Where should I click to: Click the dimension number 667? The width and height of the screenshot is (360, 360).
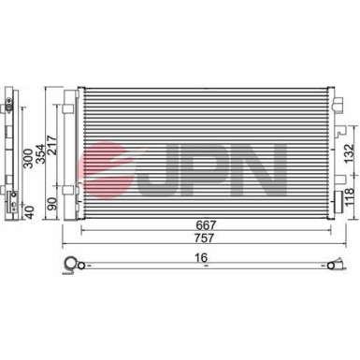(208, 225)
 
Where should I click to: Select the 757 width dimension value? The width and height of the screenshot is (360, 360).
(208, 240)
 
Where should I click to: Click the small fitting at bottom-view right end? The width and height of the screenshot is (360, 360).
(332, 268)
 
